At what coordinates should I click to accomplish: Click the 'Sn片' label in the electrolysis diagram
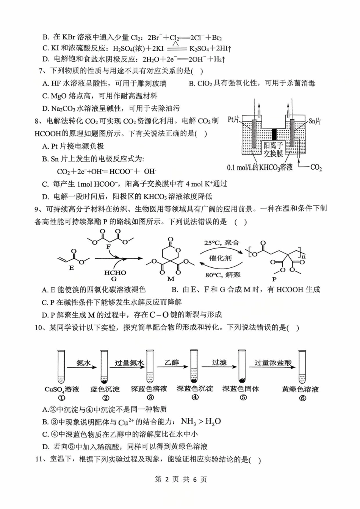(314, 121)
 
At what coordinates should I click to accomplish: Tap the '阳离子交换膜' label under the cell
(274, 150)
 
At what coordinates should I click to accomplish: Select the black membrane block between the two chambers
(274, 134)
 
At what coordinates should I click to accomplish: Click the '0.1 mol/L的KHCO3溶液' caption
(260, 167)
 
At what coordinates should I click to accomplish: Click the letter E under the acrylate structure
(71, 268)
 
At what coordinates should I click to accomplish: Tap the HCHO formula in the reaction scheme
(115, 273)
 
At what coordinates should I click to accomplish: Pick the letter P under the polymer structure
(274, 279)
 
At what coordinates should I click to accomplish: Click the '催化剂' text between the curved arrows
(220, 258)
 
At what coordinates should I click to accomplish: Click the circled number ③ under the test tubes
(150, 397)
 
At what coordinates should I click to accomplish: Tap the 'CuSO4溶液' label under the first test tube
(62, 389)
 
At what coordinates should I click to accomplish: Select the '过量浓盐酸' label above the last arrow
(273, 363)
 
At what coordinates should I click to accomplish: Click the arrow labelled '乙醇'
(172, 367)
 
